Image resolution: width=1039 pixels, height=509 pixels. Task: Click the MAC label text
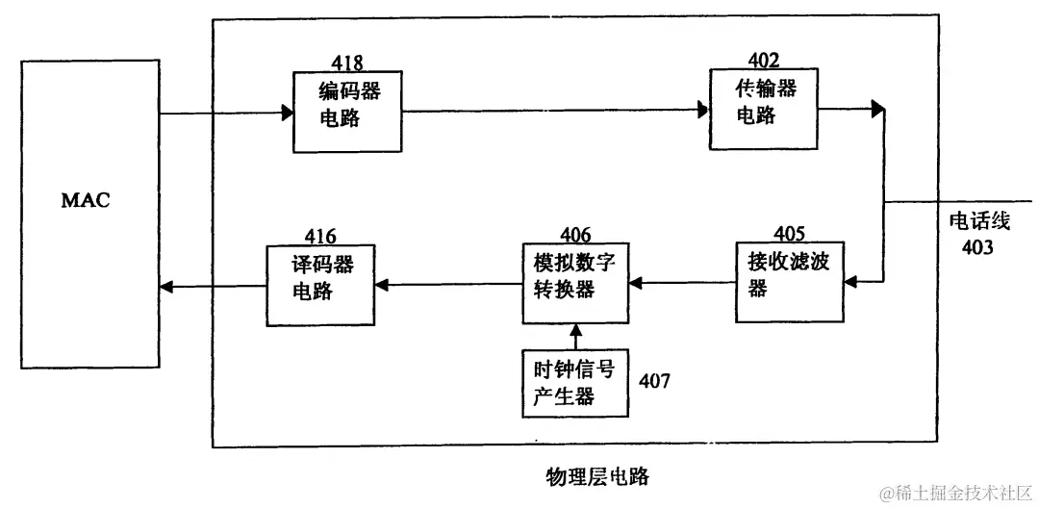click(x=86, y=201)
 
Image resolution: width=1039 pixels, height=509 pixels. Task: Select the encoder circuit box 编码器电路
click(x=348, y=112)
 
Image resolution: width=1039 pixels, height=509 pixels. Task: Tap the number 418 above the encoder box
click(x=347, y=64)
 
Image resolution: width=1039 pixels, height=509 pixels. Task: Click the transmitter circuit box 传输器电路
click(x=766, y=108)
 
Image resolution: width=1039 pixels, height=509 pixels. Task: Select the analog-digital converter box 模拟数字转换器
click(x=574, y=277)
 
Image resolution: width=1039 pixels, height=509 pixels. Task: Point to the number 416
click(x=320, y=237)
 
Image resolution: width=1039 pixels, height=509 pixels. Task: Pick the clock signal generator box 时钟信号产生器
click(x=574, y=383)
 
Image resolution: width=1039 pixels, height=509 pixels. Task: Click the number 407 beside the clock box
click(x=654, y=381)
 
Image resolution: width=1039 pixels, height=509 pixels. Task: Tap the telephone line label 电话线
click(x=979, y=222)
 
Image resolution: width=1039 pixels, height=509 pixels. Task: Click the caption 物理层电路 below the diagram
click(x=596, y=475)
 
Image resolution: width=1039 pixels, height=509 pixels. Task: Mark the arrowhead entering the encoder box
click(x=287, y=114)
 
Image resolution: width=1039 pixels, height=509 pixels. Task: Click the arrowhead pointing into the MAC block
click(x=166, y=286)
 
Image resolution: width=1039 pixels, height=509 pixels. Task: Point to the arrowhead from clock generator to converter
click(x=575, y=330)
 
